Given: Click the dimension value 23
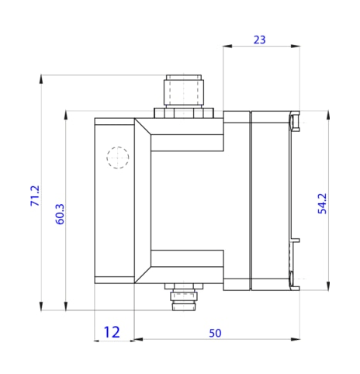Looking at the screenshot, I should pos(260,40).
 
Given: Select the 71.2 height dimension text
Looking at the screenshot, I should pos(34,195).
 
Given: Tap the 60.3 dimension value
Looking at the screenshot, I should pos(60,213).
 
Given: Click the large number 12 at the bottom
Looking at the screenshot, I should pos(112,332).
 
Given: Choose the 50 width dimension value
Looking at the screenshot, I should pos(216,333).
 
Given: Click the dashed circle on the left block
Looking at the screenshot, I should pos(117,158).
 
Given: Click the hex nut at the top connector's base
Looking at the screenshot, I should pos(183,113).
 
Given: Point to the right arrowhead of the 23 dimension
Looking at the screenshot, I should pos(296,47).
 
